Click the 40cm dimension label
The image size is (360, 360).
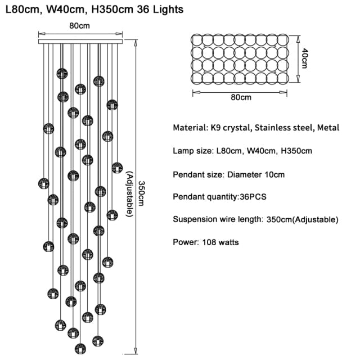coord(304,58)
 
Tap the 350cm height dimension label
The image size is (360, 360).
coord(141,193)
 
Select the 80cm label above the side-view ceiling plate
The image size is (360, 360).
coord(79,26)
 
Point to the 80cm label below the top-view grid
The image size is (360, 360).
coord(241,97)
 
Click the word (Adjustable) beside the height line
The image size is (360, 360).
coord(130,194)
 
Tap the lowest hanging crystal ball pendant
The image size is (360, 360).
coord(80,349)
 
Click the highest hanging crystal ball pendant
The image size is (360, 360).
coord(62,74)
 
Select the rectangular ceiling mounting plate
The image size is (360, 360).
coord(80,42)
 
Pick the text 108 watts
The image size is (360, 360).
coord(220,242)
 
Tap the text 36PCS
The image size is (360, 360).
coord(253,197)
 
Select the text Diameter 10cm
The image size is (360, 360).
coord(256,175)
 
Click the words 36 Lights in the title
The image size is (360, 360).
coord(160,10)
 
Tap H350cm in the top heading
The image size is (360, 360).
coord(112,10)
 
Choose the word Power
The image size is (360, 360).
coord(186,242)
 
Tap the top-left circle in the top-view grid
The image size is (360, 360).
coord(197,40)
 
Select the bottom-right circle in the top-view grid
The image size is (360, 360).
coord(283,78)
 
